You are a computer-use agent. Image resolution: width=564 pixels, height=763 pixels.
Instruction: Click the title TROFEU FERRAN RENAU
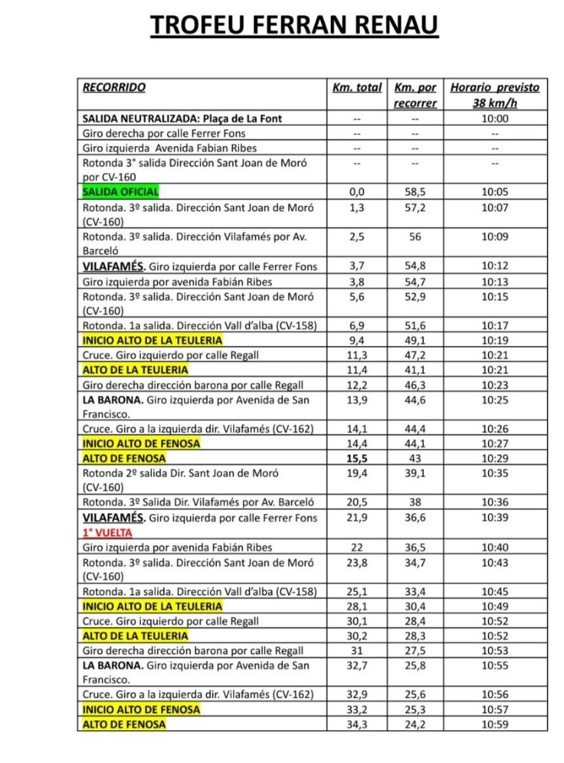coord(294,26)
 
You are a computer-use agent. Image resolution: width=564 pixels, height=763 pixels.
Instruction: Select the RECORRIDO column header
coord(114,87)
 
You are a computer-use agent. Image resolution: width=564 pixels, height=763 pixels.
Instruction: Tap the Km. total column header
coord(357,87)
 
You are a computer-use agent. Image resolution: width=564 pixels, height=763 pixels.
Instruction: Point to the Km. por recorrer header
coord(415,95)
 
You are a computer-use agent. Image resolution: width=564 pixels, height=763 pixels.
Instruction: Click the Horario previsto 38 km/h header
coord(495,95)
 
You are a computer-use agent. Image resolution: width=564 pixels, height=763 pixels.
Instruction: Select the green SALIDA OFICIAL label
coord(120,192)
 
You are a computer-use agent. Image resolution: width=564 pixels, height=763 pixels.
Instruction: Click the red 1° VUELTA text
coord(107,533)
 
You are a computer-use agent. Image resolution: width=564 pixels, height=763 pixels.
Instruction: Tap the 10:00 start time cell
coord(495,119)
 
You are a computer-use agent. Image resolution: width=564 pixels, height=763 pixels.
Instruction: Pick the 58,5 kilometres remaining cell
coord(415,192)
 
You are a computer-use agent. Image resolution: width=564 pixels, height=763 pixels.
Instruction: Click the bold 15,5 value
coord(357,458)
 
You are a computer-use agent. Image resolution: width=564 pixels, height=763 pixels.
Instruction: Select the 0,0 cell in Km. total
coord(357,192)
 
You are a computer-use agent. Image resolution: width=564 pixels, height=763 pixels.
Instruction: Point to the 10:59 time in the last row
coord(495,723)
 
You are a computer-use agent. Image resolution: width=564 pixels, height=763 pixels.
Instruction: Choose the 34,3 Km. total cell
coord(357,723)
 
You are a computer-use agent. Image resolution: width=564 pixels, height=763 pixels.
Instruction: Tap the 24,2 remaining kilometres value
coord(415,723)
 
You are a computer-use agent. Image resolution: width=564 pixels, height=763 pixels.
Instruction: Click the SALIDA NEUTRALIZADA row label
coord(183,119)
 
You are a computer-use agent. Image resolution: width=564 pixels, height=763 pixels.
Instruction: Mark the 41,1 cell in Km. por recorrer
coord(415,369)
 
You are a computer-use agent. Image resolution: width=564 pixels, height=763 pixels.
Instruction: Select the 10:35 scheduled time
coord(495,472)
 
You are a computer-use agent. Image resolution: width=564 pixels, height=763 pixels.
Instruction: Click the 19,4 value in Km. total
coord(357,472)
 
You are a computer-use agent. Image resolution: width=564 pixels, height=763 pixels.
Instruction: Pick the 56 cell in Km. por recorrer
coord(415,236)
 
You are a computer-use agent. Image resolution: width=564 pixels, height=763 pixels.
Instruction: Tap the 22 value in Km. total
coord(357,547)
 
